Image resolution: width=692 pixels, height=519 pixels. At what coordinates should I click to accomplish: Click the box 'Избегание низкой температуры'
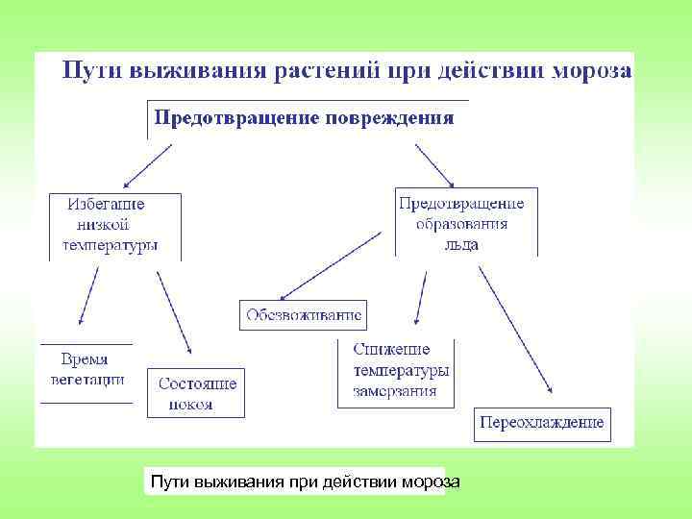tap(114, 225)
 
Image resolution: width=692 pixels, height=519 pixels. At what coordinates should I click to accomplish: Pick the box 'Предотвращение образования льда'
tap(465, 223)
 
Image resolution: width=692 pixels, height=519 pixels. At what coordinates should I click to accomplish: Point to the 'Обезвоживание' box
tap(303, 315)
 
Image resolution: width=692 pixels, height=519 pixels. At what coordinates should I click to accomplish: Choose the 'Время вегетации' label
tap(86, 369)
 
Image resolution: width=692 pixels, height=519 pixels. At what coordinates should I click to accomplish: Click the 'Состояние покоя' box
tap(196, 393)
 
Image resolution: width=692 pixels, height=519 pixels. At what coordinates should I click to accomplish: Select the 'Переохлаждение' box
tap(543, 423)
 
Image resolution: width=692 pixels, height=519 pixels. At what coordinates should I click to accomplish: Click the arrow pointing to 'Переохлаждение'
tap(515, 329)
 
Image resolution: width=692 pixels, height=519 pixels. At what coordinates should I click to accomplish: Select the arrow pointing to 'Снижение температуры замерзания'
tap(419, 297)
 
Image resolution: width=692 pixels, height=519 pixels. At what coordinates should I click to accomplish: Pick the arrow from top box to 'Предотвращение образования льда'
tap(435, 164)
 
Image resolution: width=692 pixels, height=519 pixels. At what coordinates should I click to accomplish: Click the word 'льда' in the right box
tap(461, 244)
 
